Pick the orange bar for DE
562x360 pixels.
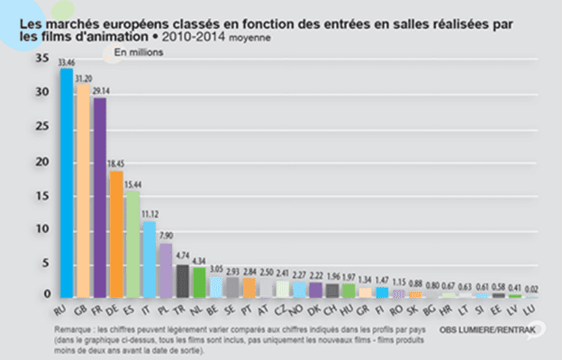(116, 234)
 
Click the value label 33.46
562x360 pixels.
(67, 63)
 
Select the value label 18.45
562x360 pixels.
(116, 165)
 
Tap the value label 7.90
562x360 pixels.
(166, 237)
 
